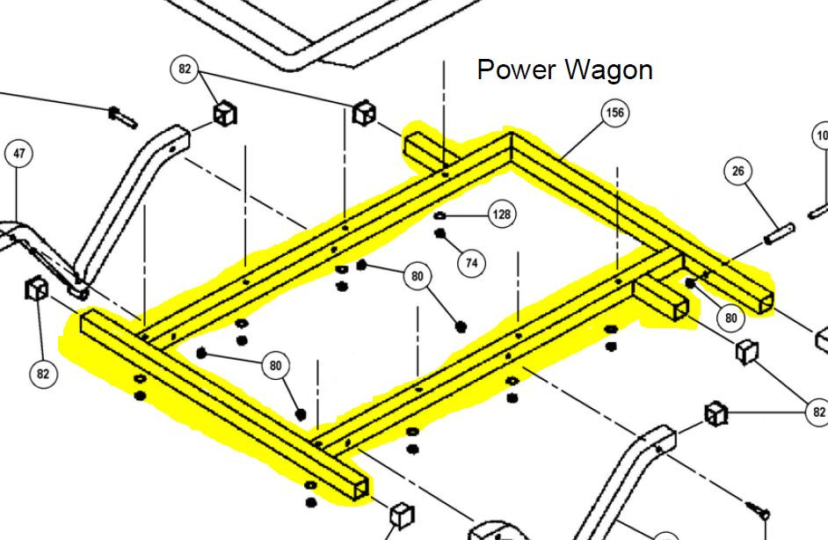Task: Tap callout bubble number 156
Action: point(615,113)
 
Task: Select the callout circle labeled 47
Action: point(19,154)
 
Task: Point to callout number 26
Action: point(737,171)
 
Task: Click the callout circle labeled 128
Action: point(501,215)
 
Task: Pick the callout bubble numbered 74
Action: point(472,262)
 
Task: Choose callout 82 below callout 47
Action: point(42,374)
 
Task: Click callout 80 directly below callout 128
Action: point(417,277)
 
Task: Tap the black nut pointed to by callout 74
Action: point(439,233)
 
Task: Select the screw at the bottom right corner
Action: point(759,508)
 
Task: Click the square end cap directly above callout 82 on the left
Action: point(36,288)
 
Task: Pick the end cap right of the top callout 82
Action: point(365,113)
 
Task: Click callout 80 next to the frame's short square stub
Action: point(731,318)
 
